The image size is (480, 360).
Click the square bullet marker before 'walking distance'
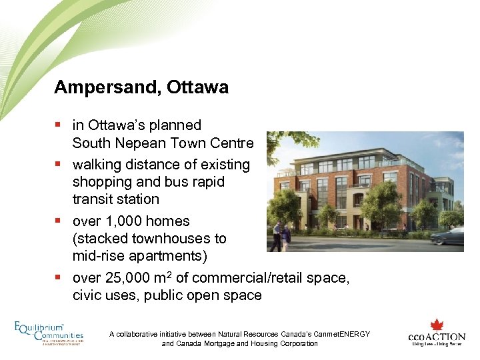(59, 164)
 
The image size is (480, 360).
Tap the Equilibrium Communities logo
(49, 333)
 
